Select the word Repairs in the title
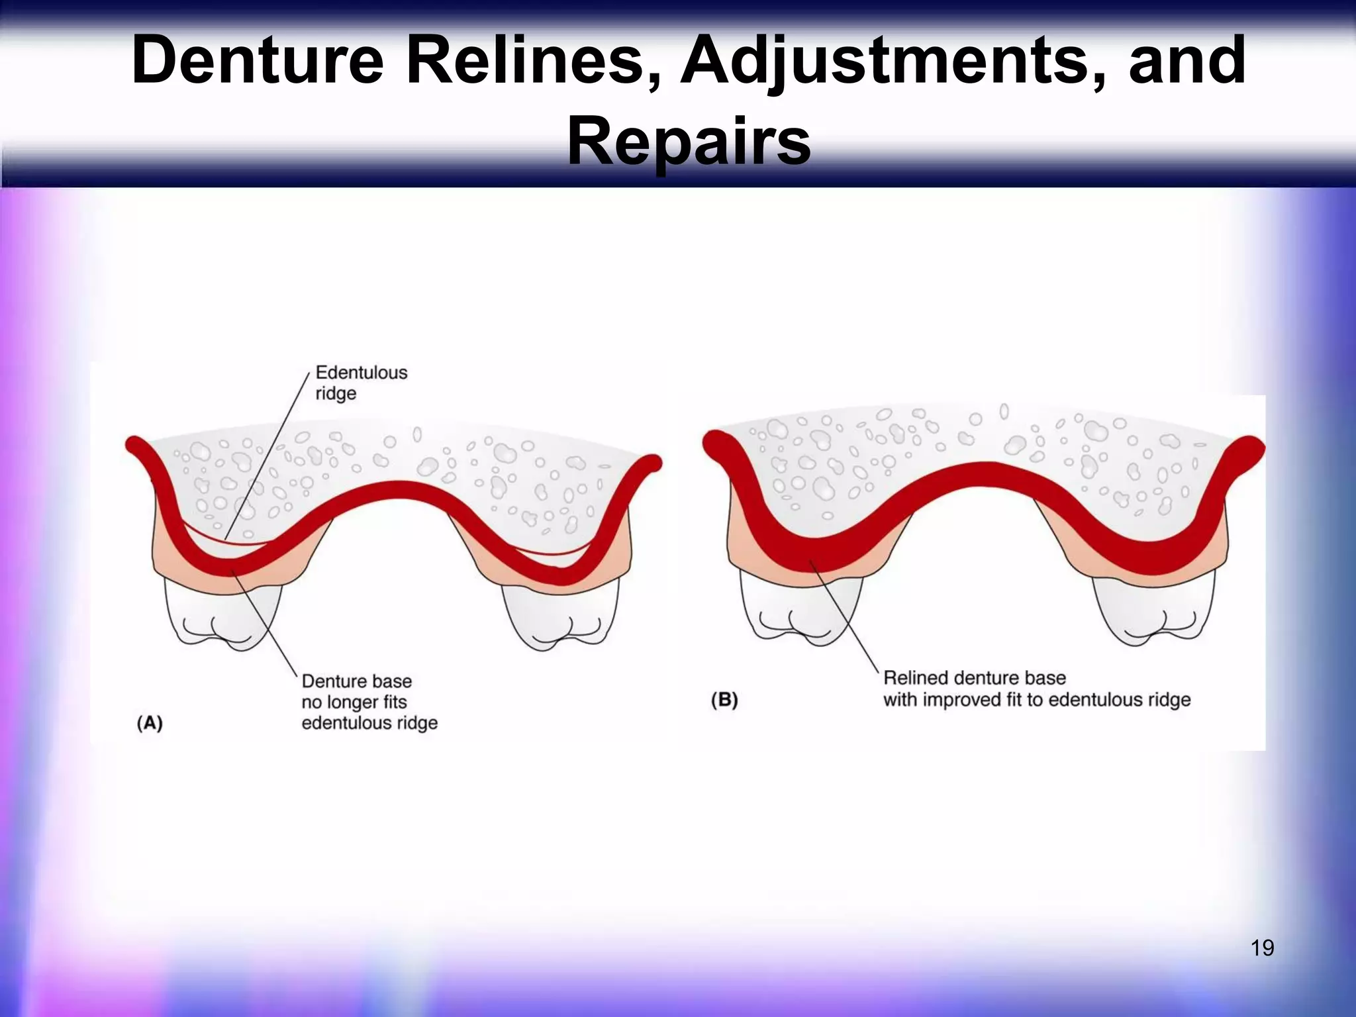click(x=689, y=141)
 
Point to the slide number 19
click(x=1262, y=948)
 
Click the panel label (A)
click(x=150, y=722)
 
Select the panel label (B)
click(x=724, y=700)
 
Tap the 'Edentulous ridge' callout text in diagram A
click(x=361, y=383)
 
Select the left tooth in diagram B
click(x=801, y=609)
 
